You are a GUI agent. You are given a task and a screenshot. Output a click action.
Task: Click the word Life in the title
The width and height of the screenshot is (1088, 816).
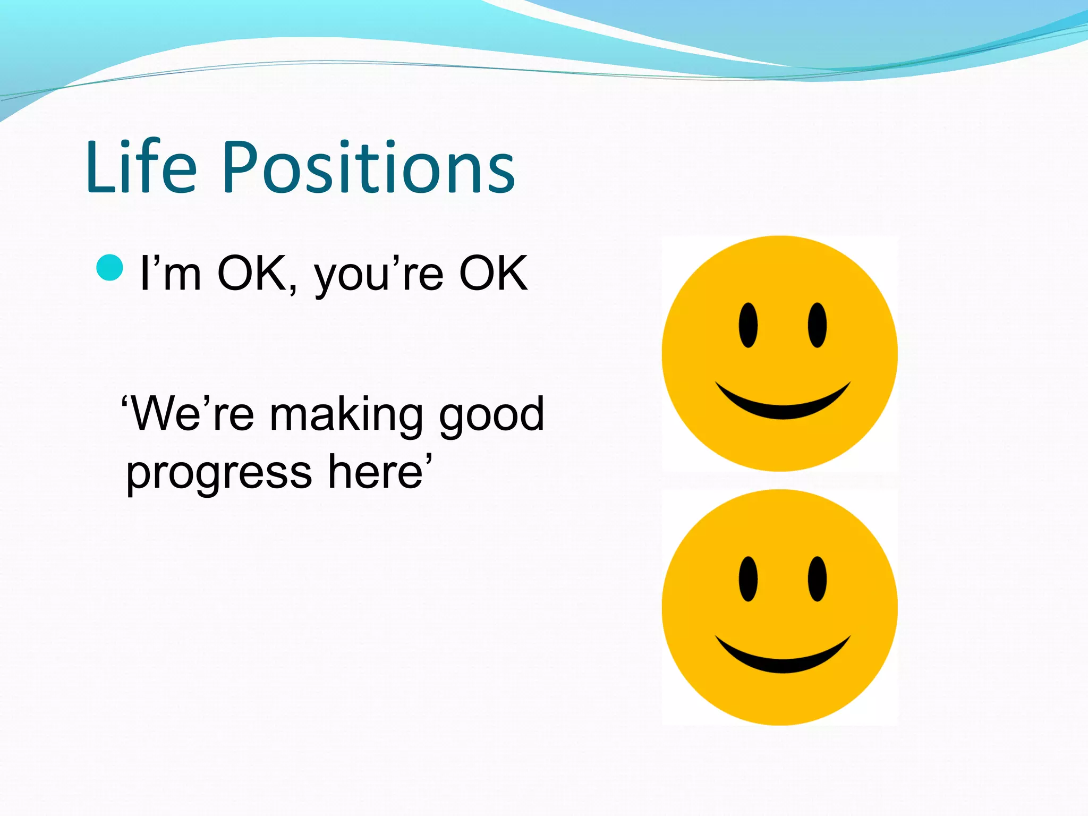141,167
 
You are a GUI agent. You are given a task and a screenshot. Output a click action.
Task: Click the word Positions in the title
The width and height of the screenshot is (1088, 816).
369,167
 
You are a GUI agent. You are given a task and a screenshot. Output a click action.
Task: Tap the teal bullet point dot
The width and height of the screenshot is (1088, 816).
110,267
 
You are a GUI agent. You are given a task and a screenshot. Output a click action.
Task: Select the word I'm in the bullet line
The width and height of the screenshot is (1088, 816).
170,274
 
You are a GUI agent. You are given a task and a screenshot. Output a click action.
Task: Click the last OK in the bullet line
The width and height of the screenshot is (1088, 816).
493,273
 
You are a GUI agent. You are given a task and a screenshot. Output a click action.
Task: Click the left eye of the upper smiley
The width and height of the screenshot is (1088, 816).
748,325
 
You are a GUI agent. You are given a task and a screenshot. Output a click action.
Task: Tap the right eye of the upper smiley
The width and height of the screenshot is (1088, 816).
817,325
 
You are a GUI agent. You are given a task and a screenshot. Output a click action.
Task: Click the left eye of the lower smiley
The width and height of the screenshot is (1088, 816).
748,579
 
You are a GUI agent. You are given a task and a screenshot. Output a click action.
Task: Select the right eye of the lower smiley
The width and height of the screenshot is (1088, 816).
817,579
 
